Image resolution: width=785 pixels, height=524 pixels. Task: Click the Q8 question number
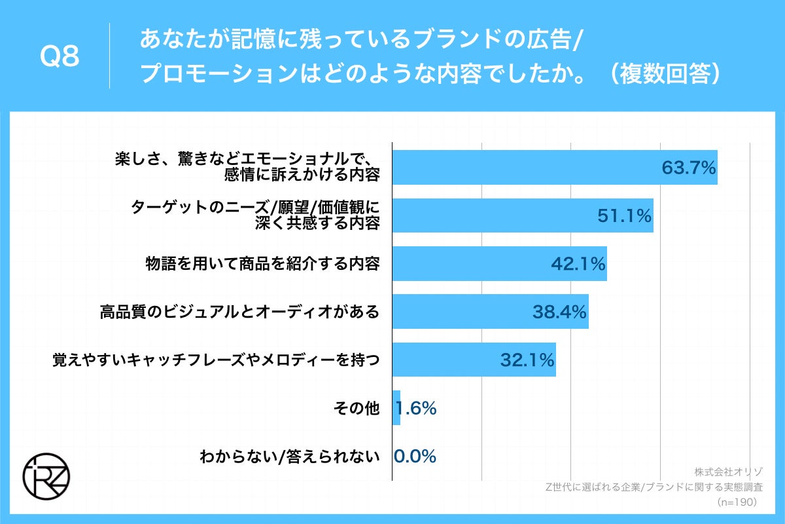(x=60, y=58)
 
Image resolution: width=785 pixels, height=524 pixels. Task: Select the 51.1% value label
(x=625, y=215)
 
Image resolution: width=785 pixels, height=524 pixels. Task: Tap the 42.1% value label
(x=578, y=264)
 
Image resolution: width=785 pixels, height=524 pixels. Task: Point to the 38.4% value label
(x=559, y=312)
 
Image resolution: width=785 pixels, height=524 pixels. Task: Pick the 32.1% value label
(x=527, y=360)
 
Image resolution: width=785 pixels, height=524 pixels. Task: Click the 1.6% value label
(x=417, y=409)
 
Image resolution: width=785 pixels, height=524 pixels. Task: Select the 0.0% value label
(x=415, y=457)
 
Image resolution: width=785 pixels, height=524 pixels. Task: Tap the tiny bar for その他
(x=396, y=408)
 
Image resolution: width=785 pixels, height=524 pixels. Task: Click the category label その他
(x=357, y=409)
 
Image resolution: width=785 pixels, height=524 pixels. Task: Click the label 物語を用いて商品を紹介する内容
(x=262, y=264)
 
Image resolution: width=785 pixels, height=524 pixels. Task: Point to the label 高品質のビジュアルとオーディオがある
(x=239, y=312)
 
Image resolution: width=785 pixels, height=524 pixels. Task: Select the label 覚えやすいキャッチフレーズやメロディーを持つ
(x=216, y=360)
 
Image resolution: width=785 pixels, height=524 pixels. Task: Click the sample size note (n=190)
(x=737, y=502)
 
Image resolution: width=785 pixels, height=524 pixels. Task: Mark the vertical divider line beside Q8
(x=109, y=56)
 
